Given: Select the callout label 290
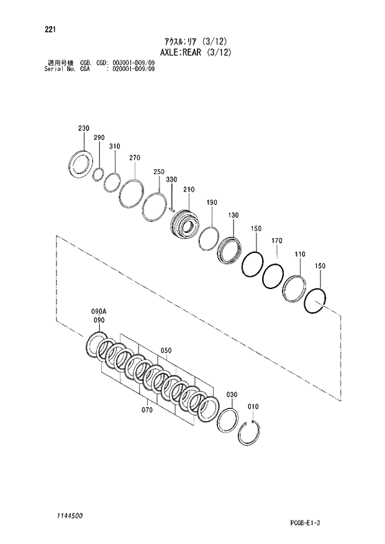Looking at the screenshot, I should point(99,137).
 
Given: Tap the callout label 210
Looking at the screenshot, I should point(189,189).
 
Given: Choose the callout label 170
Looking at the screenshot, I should point(277,240).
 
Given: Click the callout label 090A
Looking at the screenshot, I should point(99,311).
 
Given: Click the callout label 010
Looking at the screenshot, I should point(253,407).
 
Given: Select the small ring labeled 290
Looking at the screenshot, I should point(97,175).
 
